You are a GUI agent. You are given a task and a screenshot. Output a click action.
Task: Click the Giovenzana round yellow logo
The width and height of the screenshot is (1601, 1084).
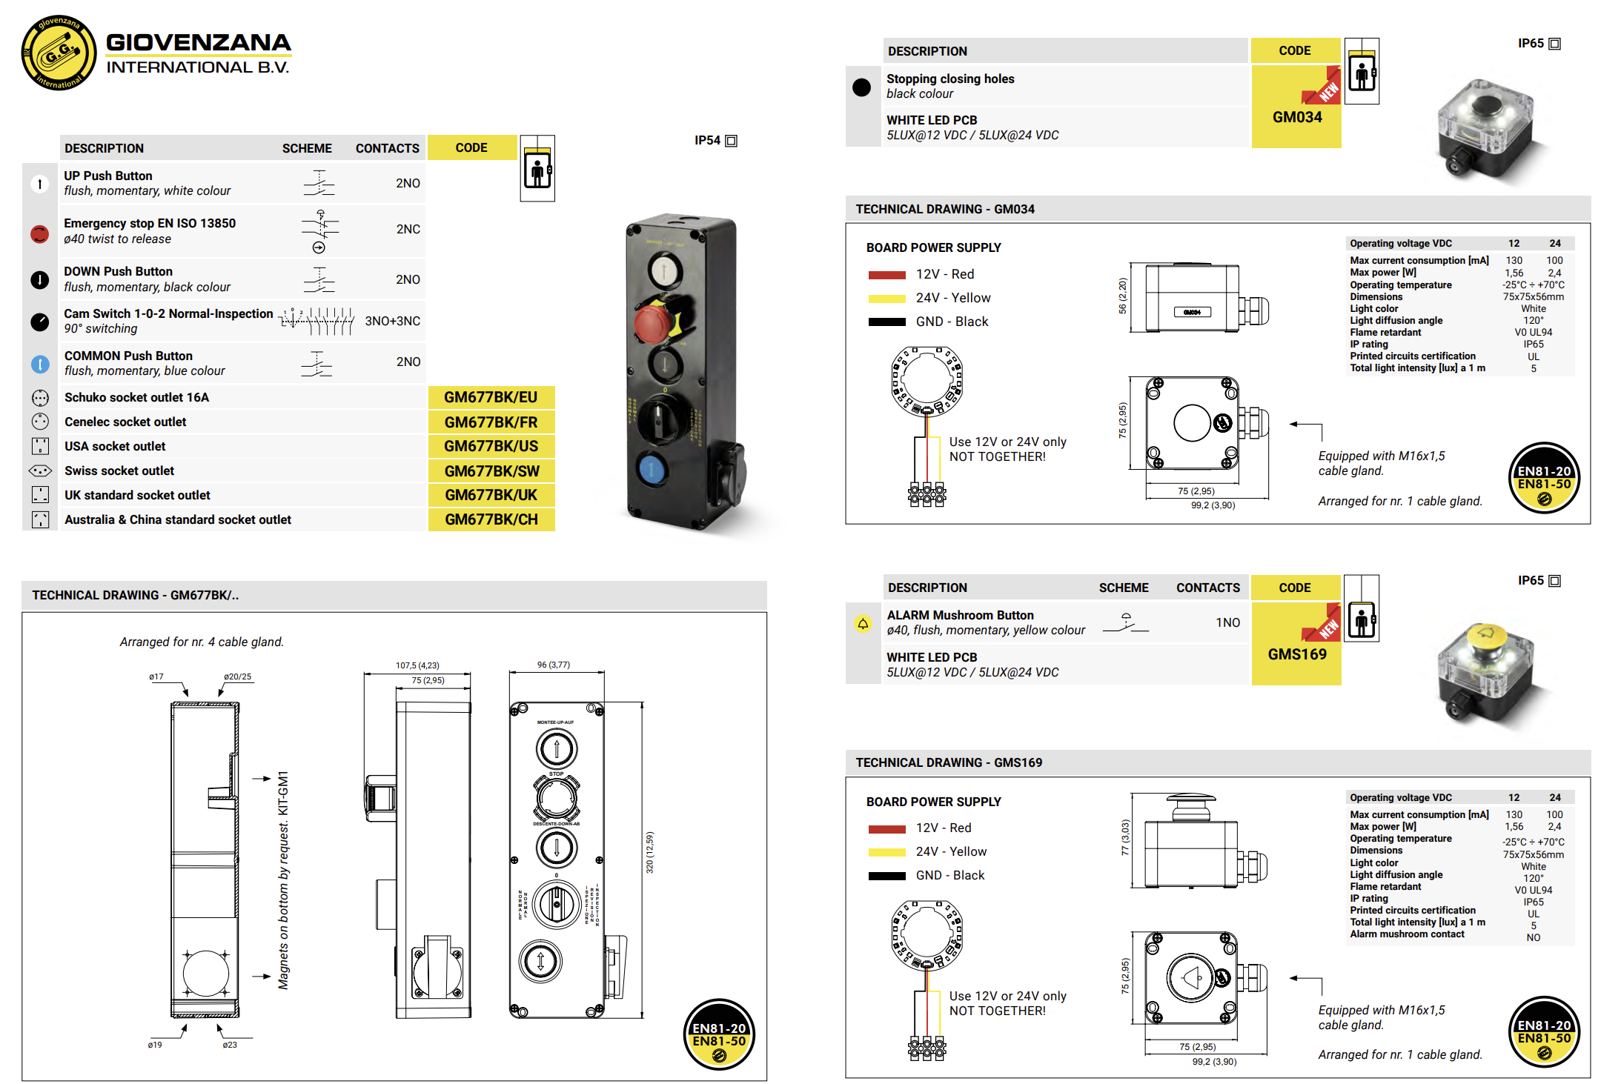coord(59,53)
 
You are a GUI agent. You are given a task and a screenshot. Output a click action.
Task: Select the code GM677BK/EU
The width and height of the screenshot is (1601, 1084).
coord(491,397)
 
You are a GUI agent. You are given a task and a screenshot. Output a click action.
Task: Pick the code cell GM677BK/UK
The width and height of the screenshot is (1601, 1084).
coord(491,495)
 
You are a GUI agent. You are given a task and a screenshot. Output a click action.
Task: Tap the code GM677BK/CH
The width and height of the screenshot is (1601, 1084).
coord(491,519)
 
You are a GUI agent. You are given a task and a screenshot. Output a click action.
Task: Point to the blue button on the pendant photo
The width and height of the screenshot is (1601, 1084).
coord(652,468)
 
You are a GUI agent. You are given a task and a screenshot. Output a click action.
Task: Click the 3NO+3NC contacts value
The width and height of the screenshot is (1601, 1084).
coord(392,321)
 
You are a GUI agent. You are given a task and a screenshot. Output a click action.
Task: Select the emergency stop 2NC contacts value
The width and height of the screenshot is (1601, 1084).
coord(408,229)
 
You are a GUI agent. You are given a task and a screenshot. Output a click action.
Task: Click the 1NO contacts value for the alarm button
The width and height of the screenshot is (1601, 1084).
coord(1227,622)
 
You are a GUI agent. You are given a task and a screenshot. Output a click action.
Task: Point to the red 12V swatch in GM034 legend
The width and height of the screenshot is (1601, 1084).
coord(886,275)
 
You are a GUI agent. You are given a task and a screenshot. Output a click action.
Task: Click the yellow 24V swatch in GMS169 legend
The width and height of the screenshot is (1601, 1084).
coord(886,852)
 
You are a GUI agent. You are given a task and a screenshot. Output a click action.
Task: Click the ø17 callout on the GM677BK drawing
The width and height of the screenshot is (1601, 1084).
coord(156,676)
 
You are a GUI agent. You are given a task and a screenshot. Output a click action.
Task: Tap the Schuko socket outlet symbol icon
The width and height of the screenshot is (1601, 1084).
coord(40,398)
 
